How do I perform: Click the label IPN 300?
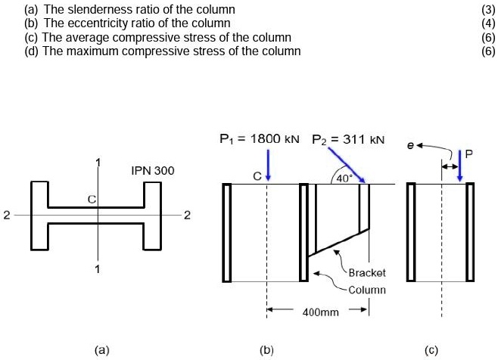click(152, 171)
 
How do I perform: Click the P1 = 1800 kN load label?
click(259, 139)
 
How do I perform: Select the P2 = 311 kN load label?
click(348, 139)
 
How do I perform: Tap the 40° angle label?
click(343, 178)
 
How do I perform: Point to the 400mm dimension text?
click(320, 312)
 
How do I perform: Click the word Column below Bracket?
click(367, 290)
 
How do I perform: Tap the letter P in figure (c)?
click(469, 153)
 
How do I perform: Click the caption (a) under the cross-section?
click(101, 350)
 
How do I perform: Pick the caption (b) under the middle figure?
click(266, 350)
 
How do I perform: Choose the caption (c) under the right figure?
click(431, 350)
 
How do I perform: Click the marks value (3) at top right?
click(487, 9)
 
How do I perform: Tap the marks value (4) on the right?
click(487, 23)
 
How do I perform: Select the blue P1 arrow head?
click(268, 178)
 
